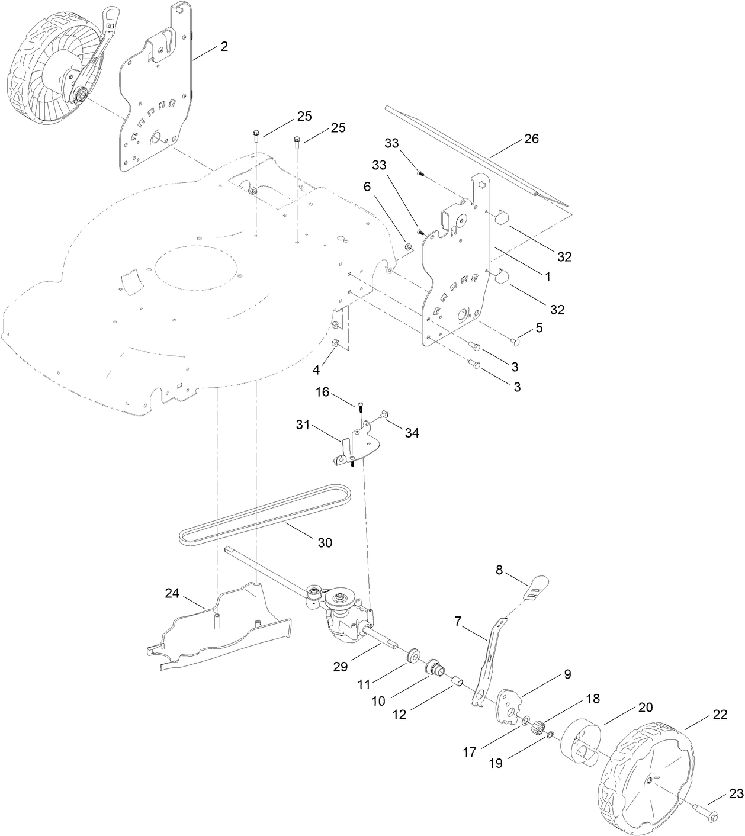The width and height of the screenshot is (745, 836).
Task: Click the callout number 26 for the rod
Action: (x=531, y=139)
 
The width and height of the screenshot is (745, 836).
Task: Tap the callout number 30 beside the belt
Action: (x=325, y=542)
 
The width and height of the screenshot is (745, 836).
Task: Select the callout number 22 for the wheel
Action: (x=720, y=715)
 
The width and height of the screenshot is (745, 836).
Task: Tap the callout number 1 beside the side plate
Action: (x=548, y=276)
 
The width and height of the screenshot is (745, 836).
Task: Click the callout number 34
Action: (x=412, y=433)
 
